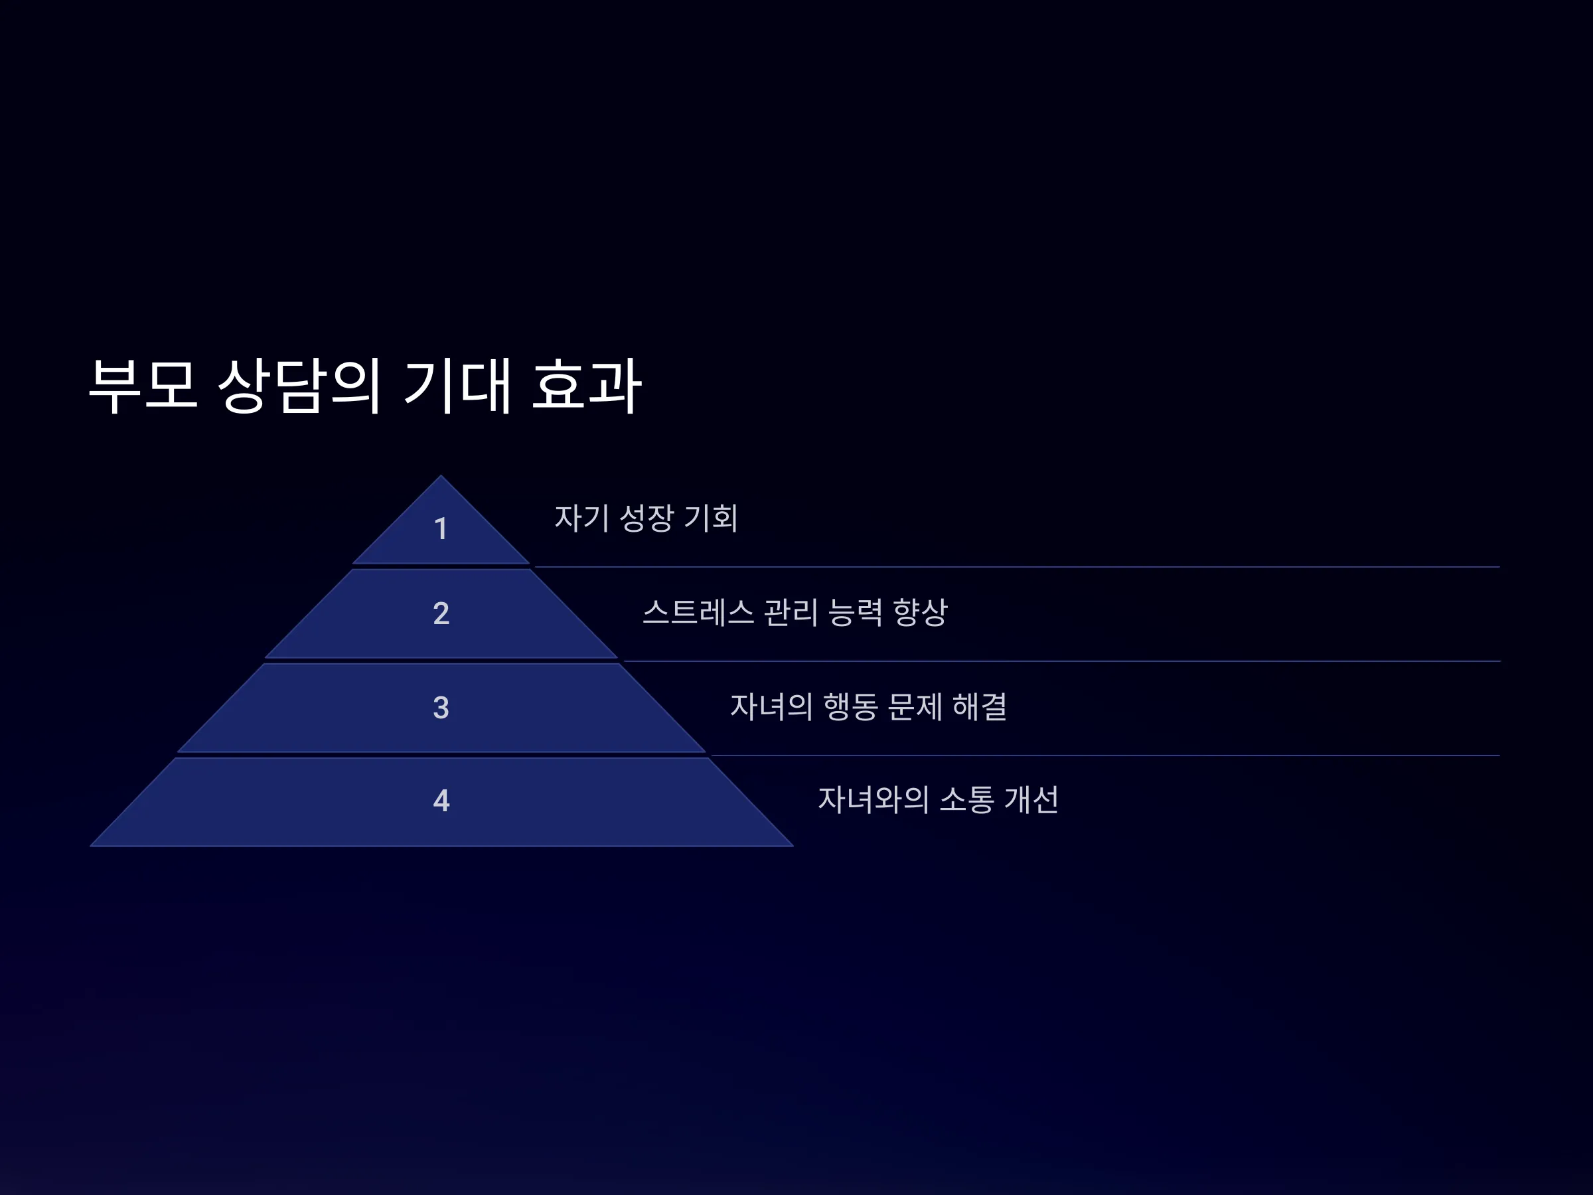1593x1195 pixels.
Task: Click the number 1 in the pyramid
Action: tap(441, 528)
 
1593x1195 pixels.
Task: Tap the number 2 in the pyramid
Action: tap(441, 613)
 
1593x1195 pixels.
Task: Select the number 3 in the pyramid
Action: tap(441, 707)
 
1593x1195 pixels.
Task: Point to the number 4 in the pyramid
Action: tap(441, 800)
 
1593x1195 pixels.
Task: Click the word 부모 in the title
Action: tap(143, 385)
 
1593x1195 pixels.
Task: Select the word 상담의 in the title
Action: tap(298, 385)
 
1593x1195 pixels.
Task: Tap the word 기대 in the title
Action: tap(457, 385)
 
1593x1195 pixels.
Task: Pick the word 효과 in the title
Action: tap(586, 385)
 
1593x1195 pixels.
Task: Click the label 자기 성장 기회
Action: tap(646, 518)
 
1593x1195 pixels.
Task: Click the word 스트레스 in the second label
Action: tap(698, 613)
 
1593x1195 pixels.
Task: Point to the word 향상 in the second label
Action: tap(920, 613)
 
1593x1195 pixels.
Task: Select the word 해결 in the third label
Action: tap(980, 706)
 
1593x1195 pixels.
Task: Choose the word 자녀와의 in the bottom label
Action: tap(873, 799)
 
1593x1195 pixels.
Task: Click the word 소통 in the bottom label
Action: tap(966, 799)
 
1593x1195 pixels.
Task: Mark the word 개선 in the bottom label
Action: tap(1031, 799)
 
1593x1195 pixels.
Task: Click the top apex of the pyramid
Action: tap(441, 475)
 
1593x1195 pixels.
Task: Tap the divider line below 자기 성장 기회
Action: tap(1017, 567)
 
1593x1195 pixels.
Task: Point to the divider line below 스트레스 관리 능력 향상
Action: tap(1061, 661)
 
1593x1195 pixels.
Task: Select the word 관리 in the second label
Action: tap(790, 613)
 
